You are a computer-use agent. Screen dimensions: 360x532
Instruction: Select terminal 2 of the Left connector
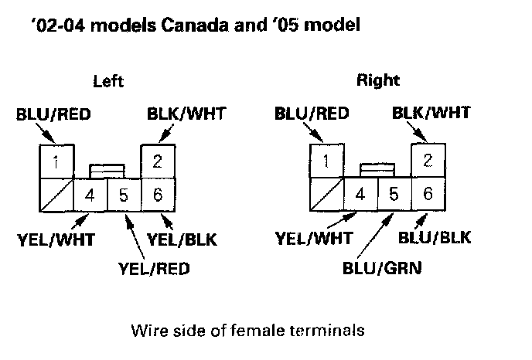157,161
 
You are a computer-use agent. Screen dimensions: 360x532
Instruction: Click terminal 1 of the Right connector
326,161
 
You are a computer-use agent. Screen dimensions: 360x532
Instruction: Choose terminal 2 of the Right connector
427,161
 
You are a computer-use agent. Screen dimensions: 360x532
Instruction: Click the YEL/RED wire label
154,269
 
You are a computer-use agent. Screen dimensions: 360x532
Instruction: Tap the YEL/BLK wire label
183,239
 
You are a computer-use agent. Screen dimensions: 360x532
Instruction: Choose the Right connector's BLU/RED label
312,114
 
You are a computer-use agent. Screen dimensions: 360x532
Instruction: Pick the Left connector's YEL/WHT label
55,239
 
